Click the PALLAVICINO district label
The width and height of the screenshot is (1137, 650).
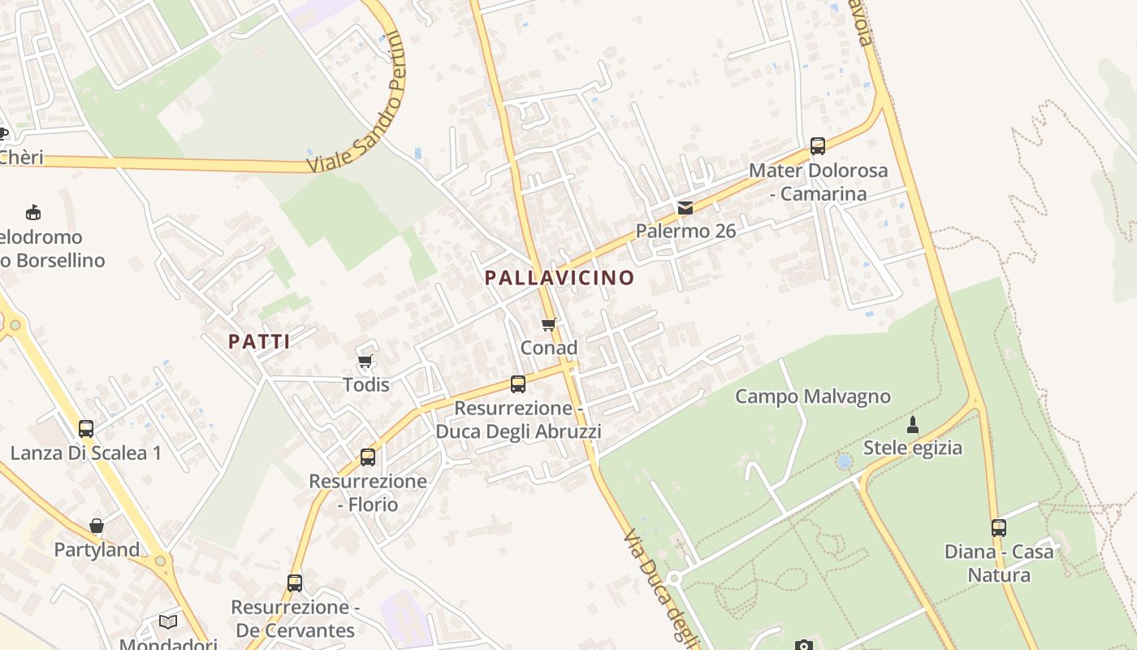click(x=559, y=278)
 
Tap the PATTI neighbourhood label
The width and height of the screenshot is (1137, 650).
click(x=259, y=341)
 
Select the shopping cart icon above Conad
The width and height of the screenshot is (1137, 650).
click(x=549, y=325)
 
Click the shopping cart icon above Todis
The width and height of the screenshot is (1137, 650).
click(x=365, y=361)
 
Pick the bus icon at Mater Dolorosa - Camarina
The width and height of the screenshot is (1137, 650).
click(x=817, y=146)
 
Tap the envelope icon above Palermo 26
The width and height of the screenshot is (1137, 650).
click(x=685, y=208)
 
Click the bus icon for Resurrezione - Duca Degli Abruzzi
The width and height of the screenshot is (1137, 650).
click(x=517, y=383)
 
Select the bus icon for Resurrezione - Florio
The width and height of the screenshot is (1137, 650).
click(x=368, y=457)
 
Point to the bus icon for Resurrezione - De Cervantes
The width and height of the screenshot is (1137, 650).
click(x=294, y=583)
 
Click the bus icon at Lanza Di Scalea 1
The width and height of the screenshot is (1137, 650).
click(x=85, y=428)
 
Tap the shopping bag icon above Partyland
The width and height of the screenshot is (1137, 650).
click(x=97, y=526)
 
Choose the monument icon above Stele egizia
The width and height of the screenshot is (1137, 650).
click(x=912, y=424)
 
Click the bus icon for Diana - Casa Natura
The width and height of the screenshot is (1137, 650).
click(x=998, y=528)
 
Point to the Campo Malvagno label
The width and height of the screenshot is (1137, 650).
click(x=812, y=396)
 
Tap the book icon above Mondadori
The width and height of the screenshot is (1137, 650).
click(x=168, y=622)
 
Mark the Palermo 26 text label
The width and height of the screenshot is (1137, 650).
click(x=685, y=231)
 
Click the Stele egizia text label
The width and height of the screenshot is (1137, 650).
click(x=912, y=448)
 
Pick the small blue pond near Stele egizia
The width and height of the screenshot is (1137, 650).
click(x=844, y=461)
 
